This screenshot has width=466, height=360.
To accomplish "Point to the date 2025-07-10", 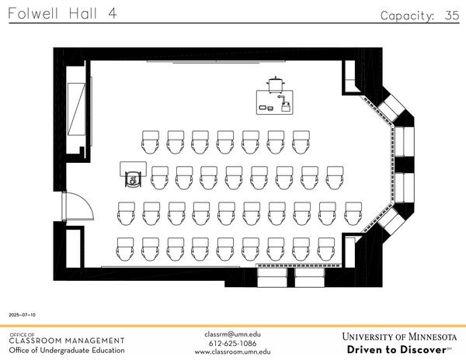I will click(22, 315).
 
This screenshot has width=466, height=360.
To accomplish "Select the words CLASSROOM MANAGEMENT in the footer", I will click(66, 341).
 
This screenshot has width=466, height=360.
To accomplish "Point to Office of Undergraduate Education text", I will click(66, 351).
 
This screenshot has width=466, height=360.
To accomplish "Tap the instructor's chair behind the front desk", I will click(276, 82).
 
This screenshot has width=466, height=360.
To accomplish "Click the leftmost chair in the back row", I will click(126, 248).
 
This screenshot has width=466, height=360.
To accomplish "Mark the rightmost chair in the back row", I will click(352, 248).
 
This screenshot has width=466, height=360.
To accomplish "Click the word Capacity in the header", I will click(407, 16).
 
